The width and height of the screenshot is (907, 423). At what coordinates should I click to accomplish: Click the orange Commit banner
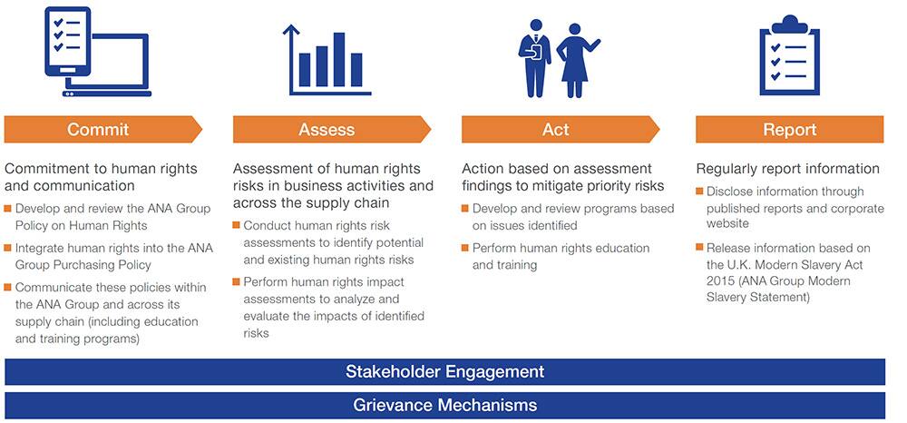103,129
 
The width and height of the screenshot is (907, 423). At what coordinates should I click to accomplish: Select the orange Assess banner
332,129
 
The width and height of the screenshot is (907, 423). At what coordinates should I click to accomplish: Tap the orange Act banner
561,129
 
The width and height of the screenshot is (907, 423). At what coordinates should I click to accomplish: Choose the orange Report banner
790,129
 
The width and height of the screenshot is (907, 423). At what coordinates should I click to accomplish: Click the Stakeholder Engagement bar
444,371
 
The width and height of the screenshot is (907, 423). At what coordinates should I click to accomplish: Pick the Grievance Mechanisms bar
444,405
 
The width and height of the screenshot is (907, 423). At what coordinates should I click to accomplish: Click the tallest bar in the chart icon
339,60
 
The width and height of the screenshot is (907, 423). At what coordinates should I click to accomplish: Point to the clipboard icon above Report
790,55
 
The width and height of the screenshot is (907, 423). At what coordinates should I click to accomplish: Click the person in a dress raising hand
576,60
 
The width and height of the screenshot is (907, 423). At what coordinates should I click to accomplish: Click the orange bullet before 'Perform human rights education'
465,248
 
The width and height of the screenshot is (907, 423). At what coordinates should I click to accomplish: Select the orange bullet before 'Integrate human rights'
7,248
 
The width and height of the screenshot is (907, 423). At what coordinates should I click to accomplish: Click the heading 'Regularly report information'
788,169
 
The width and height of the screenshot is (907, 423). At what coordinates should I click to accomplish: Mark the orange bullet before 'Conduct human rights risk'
236,224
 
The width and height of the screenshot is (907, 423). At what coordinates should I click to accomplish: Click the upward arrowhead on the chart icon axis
291,29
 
